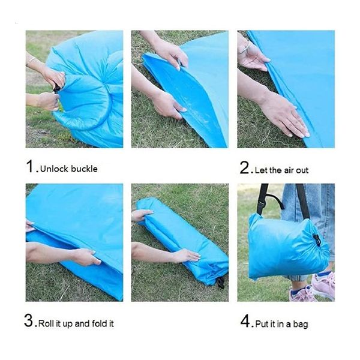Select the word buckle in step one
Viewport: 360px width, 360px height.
pyautogui.click(x=83, y=169)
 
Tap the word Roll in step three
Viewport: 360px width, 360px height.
pyautogui.click(x=47, y=323)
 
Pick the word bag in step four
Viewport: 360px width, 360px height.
pyautogui.click(x=301, y=324)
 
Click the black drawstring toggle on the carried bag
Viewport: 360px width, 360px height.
pyautogui.click(x=317, y=240)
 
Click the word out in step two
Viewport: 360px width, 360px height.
pyautogui.click(x=302, y=170)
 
